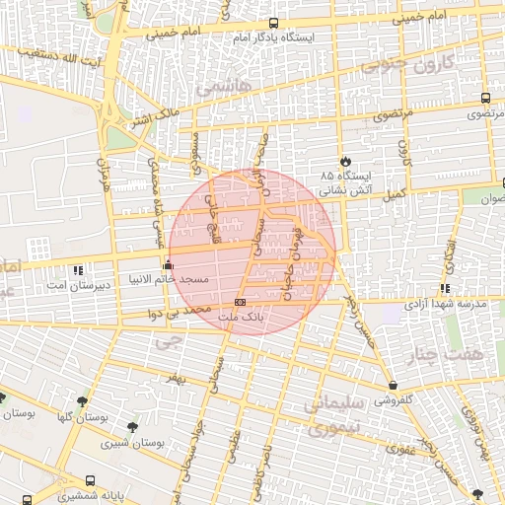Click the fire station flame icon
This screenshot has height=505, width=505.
coord(344,161)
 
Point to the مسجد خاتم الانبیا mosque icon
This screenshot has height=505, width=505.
coord(168,264)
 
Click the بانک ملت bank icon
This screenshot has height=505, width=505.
coord(240,302)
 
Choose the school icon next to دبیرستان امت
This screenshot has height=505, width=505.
coord(78,269)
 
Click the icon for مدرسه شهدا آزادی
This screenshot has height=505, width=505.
coord(446,289)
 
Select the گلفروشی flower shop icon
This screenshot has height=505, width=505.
coord(394,386)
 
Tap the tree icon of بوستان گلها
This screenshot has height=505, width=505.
coord(82,402)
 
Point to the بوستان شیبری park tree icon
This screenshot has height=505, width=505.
coord(132,426)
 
